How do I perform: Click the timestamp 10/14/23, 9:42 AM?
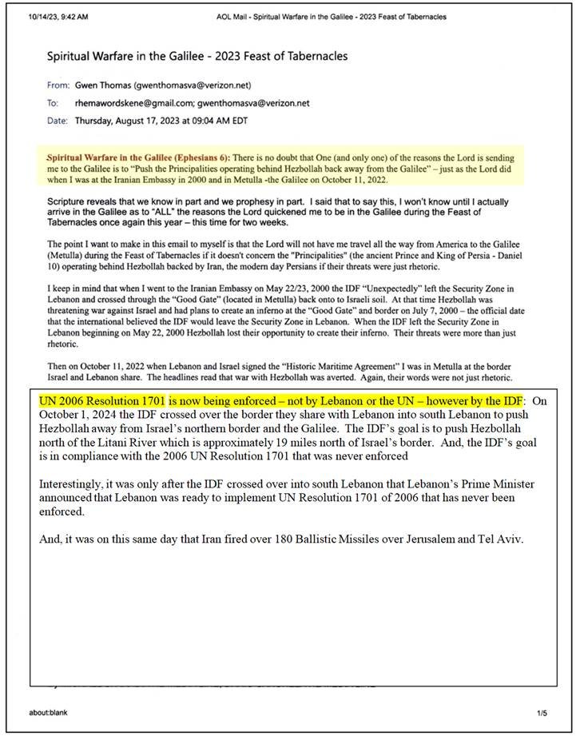click(x=61, y=17)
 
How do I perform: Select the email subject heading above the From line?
click(x=197, y=57)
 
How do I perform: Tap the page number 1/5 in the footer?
click(x=542, y=712)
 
